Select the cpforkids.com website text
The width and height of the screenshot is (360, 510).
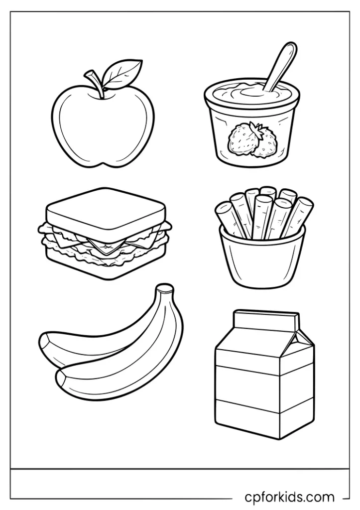pos(290,497)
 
